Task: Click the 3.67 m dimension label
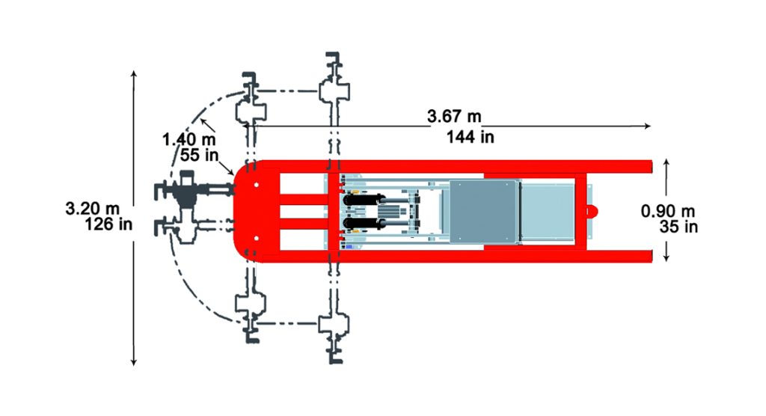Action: [453, 117]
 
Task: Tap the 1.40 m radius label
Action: [189, 139]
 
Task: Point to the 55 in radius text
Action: [199, 155]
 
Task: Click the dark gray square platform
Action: [482, 212]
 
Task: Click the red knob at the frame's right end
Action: [591, 211]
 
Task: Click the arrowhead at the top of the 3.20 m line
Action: [134, 73]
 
